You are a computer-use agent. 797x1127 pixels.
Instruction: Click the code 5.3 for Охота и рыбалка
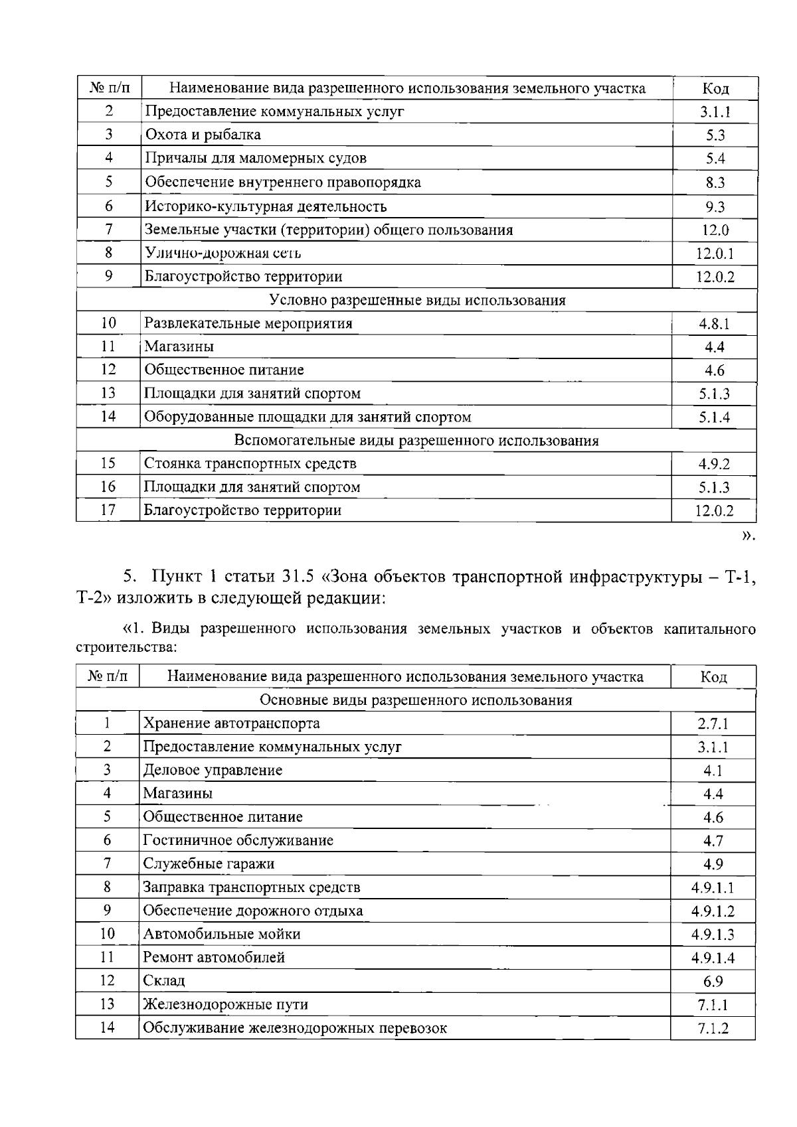715,135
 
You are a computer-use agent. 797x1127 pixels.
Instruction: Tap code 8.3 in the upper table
715,183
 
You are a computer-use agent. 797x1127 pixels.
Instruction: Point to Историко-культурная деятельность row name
266,206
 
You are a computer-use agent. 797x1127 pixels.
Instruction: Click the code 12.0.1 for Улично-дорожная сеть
715,254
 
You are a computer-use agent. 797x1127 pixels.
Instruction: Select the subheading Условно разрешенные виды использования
417,300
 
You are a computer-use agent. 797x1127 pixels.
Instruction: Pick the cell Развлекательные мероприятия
248,324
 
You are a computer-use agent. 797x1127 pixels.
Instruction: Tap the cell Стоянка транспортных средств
250,463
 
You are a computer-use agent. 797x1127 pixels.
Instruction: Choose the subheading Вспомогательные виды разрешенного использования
416,441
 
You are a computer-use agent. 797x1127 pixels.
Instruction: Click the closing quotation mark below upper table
748,536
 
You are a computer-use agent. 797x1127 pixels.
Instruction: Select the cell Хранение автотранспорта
231,723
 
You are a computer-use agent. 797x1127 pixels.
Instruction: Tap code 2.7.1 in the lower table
713,724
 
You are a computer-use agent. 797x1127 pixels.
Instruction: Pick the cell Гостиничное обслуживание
238,840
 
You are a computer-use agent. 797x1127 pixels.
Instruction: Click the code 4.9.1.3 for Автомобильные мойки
713,935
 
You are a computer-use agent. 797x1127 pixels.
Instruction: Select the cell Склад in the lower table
163,981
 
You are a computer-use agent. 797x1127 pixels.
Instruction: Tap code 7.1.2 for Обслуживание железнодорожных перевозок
713,1029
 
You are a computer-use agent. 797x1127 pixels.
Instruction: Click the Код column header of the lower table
713,677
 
